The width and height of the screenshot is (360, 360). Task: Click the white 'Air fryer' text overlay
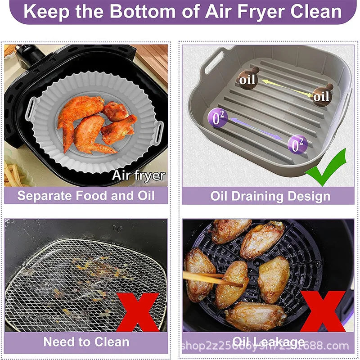[138, 175]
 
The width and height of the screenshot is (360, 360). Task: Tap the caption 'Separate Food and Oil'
[86, 195]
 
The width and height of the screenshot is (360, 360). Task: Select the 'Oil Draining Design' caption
[270, 196]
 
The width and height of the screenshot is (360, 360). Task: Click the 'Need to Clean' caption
[86, 342]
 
